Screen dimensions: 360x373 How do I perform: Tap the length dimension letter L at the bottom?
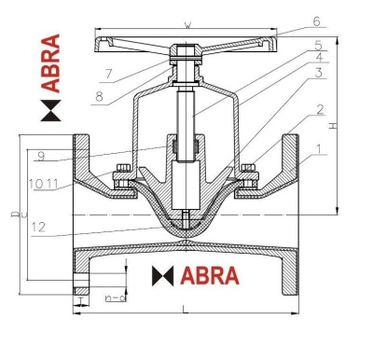tap(186, 309)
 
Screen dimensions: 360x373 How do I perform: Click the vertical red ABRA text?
tap(51, 62)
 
